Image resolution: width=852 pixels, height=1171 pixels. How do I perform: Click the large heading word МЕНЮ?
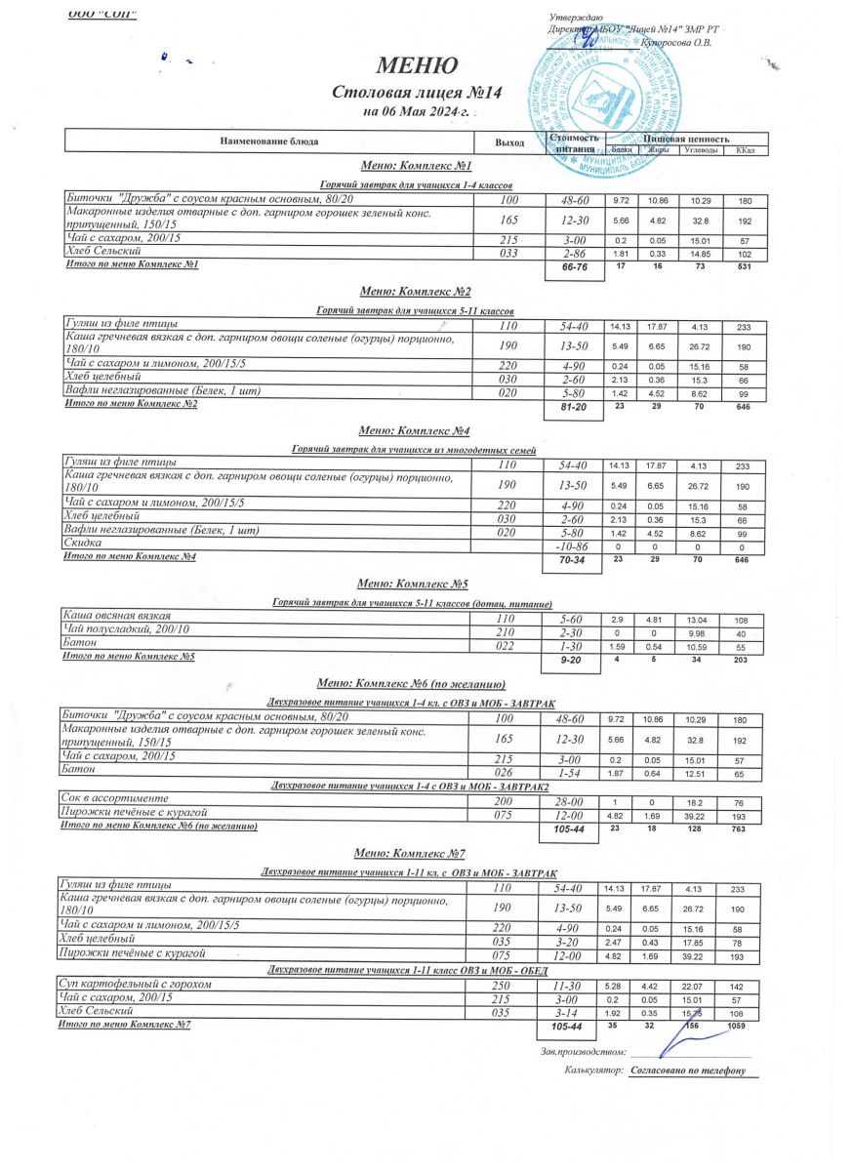(417, 66)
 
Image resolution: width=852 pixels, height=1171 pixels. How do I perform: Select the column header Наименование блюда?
(269, 141)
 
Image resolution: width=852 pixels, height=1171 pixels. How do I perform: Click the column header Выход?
(508, 142)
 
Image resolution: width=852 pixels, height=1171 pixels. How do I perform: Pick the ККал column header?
(745, 149)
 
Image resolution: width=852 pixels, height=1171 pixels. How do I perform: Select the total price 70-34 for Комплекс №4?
(572, 561)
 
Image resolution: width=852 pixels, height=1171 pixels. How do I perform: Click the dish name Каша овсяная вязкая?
(117, 617)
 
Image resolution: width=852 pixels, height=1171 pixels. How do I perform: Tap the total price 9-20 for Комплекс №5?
(572, 661)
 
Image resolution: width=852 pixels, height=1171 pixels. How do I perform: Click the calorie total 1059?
(743, 1028)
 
